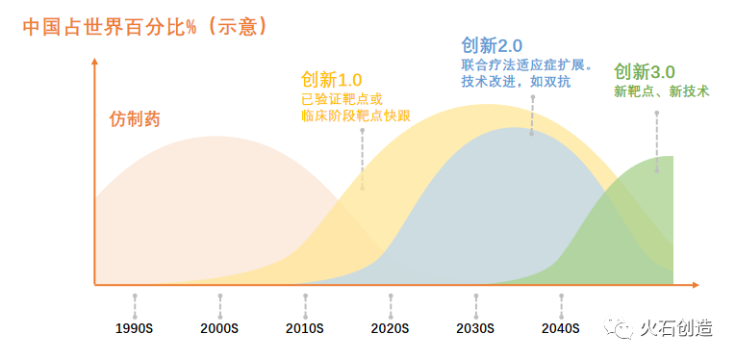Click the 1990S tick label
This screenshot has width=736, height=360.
point(135,328)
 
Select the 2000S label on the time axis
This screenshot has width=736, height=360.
point(219,328)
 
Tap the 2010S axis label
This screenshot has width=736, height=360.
point(305,328)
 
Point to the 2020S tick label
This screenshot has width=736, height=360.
point(390,328)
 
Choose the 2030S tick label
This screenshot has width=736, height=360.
point(475,328)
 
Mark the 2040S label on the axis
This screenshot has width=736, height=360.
point(561,328)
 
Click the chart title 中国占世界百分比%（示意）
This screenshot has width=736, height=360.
point(145,26)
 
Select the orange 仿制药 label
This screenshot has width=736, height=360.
point(135,120)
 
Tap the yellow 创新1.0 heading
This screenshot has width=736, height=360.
point(331,79)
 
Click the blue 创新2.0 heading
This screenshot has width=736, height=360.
point(492,45)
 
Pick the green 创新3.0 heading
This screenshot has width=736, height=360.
point(645,72)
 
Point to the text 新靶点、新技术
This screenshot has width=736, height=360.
point(661,91)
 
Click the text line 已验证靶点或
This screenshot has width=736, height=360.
point(342,98)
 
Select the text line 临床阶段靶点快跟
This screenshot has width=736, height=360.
point(355,116)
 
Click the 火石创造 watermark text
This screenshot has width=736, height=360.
point(677,328)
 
